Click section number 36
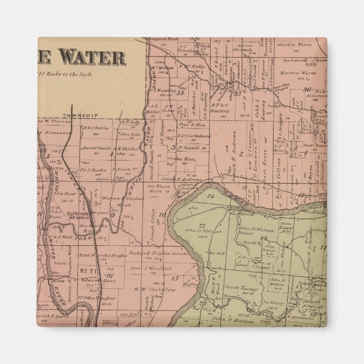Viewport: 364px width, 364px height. (307, 89)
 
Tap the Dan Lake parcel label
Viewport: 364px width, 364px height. (131, 134)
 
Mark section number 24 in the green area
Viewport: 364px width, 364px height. (210, 196)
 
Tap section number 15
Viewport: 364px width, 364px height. (175, 279)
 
